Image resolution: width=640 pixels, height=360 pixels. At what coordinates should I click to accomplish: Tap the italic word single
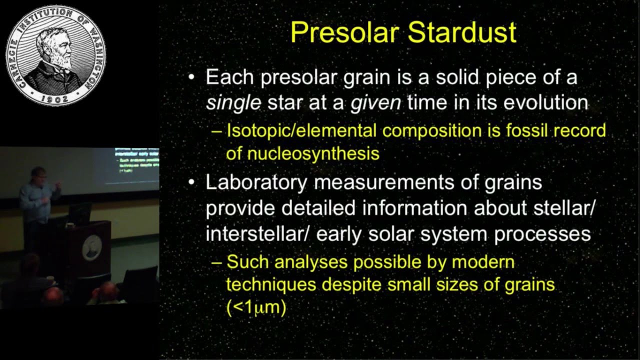[x=233, y=102]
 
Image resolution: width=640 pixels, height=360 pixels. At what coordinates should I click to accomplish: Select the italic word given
[x=376, y=102]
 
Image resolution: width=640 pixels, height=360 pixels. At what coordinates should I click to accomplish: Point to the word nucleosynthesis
[x=302, y=153]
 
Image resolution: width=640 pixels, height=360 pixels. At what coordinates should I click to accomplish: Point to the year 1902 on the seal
[x=55, y=99]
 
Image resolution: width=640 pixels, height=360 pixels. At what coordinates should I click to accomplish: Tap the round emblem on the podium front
[x=91, y=246]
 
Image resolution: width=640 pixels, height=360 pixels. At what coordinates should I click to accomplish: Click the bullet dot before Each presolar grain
[x=190, y=78]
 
